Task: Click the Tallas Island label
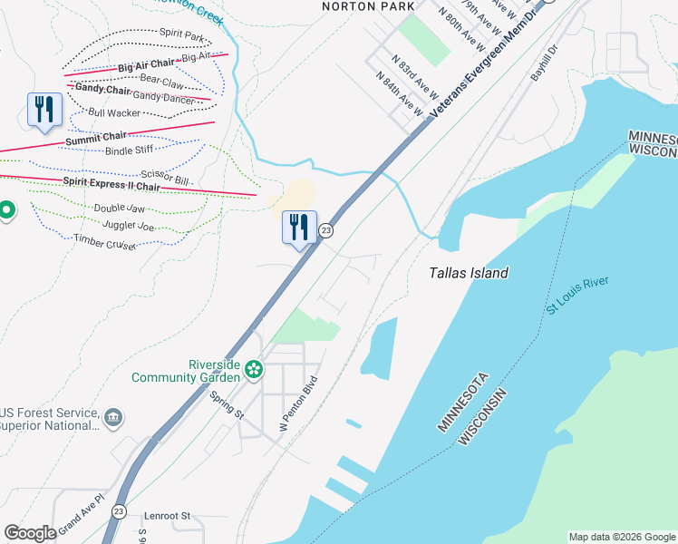(x=468, y=273)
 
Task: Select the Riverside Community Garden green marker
(x=255, y=370)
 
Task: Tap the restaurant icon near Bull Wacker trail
(x=44, y=110)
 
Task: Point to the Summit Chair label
(x=95, y=137)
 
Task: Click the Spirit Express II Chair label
(x=111, y=184)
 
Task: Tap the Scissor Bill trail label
(x=165, y=178)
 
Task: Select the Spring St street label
(x=227, y=404)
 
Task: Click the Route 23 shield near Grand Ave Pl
(x=120, y=511)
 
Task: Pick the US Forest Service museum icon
(x=114, y=417)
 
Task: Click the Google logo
(x=30, y=533)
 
